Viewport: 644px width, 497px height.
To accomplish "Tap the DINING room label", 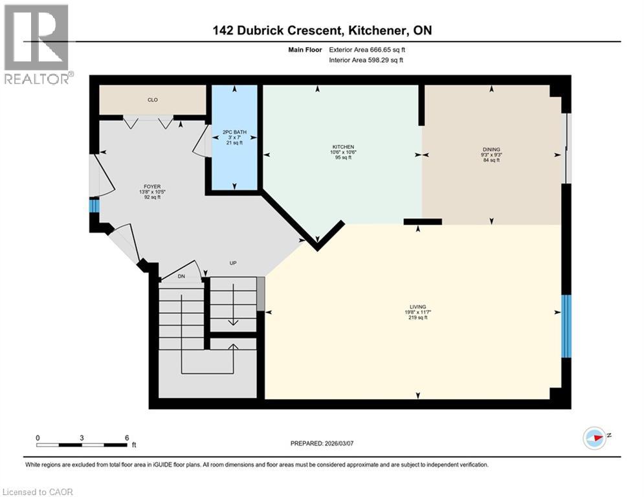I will [x=491, y=149].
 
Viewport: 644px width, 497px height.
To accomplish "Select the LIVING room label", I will [x=417, y=307].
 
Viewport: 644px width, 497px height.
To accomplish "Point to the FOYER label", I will [x=152, y=186].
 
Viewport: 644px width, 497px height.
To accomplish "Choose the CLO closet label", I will [x=152, y=100].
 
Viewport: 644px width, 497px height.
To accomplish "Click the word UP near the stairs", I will [x=234, y=263].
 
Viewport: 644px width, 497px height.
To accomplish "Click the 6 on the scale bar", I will [x=126, y=437].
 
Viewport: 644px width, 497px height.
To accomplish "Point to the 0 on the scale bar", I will [x=38, y=437].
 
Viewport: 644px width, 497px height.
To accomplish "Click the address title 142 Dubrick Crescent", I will [x=322, y=30].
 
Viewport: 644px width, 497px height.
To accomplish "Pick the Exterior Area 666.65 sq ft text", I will [x=370, y=49].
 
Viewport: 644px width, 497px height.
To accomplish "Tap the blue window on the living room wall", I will [x=566, y=326].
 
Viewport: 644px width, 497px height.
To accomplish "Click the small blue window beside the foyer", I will [x=94, y=206].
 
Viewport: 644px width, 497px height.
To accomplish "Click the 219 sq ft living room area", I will [x=417, y=318].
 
